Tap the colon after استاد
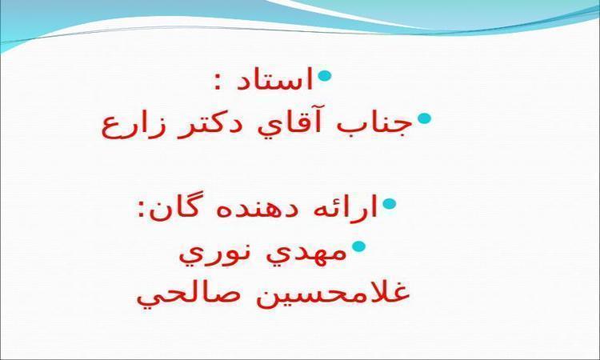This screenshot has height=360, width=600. (x=218, y=82)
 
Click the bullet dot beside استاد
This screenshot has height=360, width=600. (x=324, y=75)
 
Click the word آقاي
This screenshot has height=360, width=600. (x=292, y=123)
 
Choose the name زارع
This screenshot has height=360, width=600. (x=131, y=126)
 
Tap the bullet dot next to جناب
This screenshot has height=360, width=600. (x=424, y=118)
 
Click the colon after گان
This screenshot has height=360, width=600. (x=142, y=210)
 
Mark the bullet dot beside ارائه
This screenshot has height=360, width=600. (x=389, y=204)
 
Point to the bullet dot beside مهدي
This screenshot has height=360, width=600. (x=358, y=246)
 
